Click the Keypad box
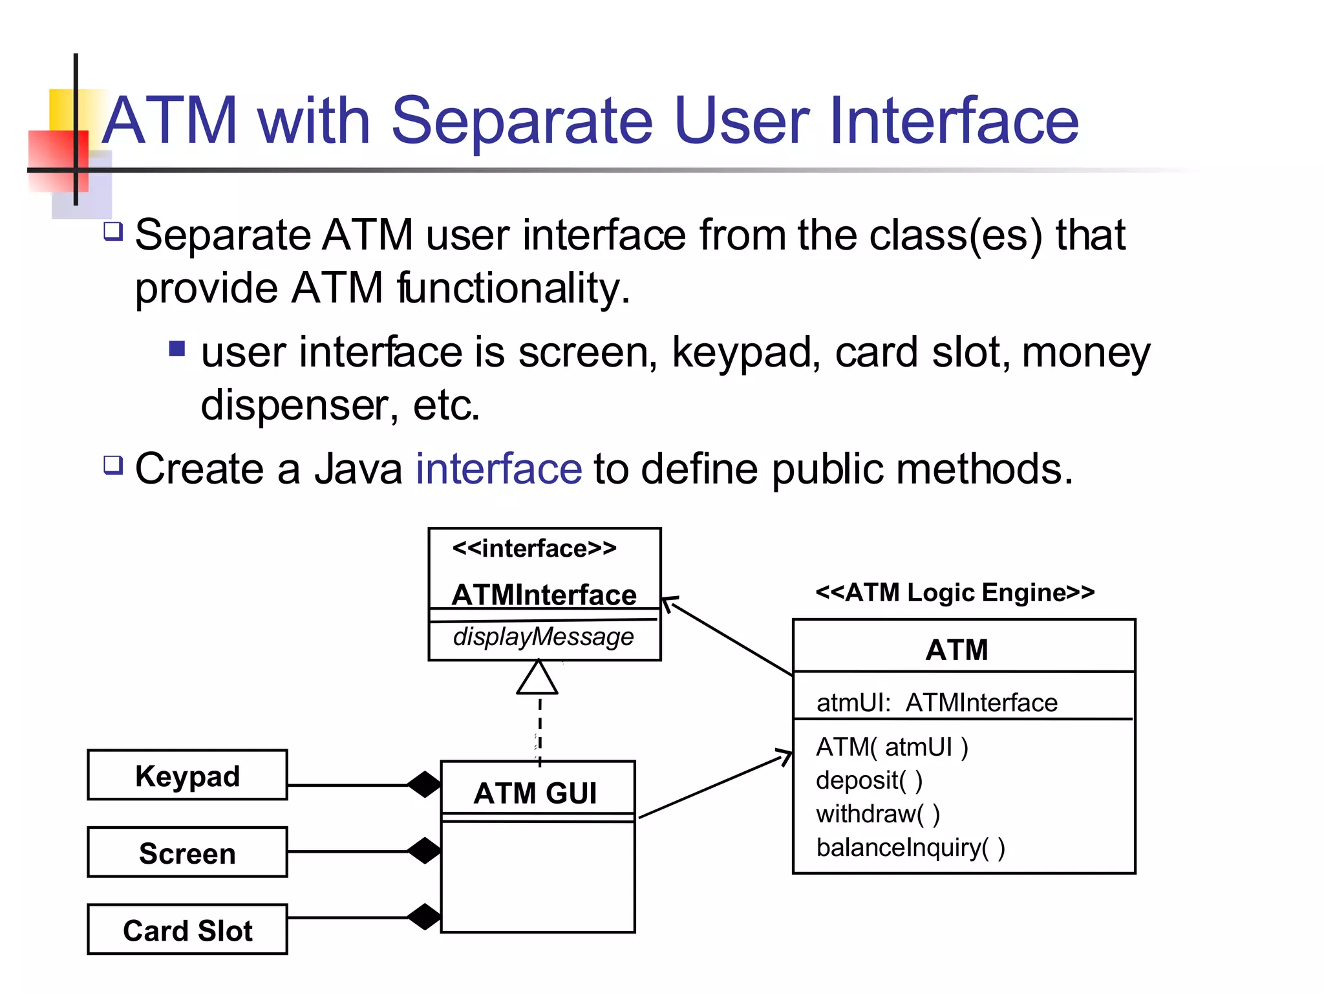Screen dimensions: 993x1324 tap(187, 775)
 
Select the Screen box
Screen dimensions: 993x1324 tap(187, 852)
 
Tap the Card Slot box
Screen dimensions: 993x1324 tap(187, 930)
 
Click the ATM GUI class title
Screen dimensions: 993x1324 tap(535, 793)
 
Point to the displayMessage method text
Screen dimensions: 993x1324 tap(543, 637)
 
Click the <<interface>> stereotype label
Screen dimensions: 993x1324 tap(534, 548)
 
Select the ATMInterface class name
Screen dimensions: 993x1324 tap(544, 594)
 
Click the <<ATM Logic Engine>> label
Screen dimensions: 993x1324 tap(955, 592)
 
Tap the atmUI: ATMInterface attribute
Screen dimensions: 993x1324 tap(936, 702)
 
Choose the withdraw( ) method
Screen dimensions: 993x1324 tap(877, 813)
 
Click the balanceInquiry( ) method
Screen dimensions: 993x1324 tap(910, 847)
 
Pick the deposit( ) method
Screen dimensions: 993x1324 tap(869, 780)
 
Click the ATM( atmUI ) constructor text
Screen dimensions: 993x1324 tap(892, 747)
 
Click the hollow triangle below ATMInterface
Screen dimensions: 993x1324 tap(537, 679)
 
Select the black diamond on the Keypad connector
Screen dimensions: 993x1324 tap(424, 784)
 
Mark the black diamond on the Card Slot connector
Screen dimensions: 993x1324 tap(424, 917)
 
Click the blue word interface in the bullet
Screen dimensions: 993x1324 tap(498, 469)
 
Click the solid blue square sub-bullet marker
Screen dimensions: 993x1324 tap(176, 349)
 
